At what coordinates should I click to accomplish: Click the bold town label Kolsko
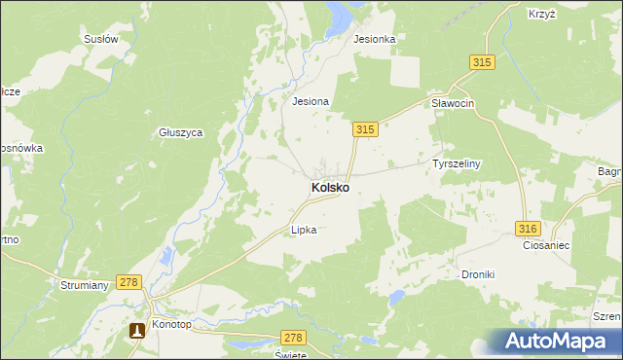[330, 186]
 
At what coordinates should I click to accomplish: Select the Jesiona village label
[311, 100]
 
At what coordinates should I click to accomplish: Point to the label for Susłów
[101, 40]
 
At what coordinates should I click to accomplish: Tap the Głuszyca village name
[180, 133]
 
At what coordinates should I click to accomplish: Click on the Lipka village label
[304, 231]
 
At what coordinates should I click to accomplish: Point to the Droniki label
[478, 274]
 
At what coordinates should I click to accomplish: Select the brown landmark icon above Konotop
[137, 330]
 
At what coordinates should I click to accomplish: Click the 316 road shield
[527, 228]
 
